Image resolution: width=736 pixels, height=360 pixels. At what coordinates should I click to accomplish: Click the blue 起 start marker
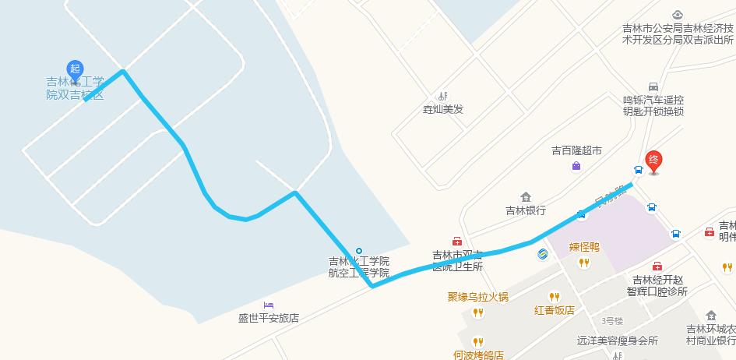(x=75, y=69)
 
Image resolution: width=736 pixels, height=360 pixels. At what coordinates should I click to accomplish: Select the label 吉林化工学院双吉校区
(x=75, y=87)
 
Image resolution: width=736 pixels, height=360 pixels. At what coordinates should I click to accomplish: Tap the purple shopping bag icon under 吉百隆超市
(x=576, y=165)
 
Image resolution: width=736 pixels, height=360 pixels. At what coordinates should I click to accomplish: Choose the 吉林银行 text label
(x=526, y=210)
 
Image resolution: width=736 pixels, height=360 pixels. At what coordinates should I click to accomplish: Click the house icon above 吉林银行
(x=526, y=196)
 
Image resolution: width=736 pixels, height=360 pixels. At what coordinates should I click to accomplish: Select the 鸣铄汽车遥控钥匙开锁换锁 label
(x=653, y=105)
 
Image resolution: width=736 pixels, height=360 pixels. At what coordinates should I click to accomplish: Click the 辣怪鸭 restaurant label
(x=583, y=248)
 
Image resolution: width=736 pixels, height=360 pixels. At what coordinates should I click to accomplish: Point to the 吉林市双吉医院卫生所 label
(x=458, y=260)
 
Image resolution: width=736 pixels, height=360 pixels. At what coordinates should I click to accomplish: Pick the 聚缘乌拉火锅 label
(x=477, y=296)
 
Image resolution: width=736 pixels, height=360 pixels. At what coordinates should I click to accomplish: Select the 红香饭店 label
(x=554, y=309)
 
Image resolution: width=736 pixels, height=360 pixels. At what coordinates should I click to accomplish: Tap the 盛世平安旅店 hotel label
(x=269, y=317)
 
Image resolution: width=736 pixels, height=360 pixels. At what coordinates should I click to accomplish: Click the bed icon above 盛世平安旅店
(x=269, y=304)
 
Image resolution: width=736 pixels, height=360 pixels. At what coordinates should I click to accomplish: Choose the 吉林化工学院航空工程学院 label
(x=358, y=266)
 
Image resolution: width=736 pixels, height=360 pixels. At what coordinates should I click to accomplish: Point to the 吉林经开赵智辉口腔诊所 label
(x=659, y=286)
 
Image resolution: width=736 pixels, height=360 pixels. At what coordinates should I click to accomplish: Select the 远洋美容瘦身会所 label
(x=618, y=341)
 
